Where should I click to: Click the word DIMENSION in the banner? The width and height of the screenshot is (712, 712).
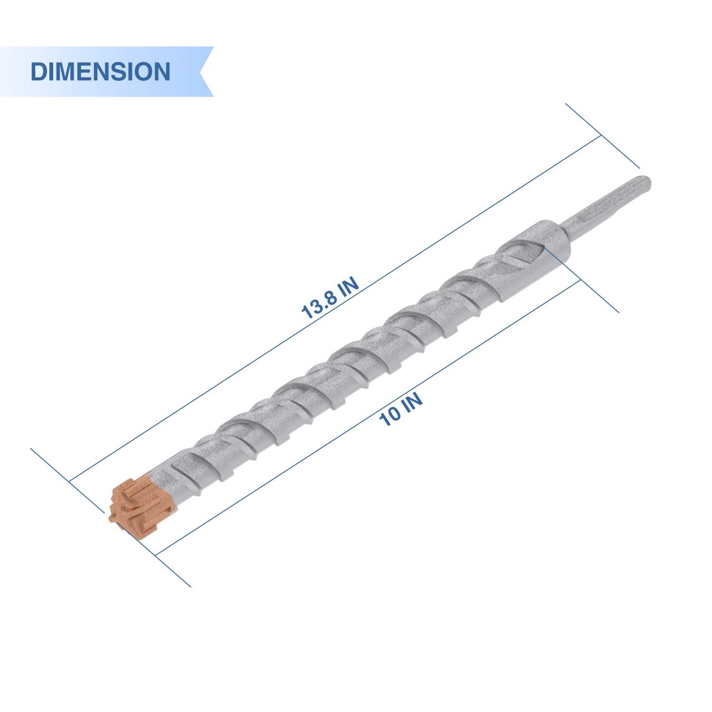[100, 72]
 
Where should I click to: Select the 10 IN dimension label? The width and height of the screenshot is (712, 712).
[401, 409]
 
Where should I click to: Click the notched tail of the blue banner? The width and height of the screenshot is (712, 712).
[206, 72]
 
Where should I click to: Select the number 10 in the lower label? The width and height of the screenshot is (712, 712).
[390, 417]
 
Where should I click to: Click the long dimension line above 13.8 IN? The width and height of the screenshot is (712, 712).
[458, 229]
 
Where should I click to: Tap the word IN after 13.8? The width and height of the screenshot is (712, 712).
[349, 287]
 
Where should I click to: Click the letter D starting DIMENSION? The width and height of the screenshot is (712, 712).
[38, 72]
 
